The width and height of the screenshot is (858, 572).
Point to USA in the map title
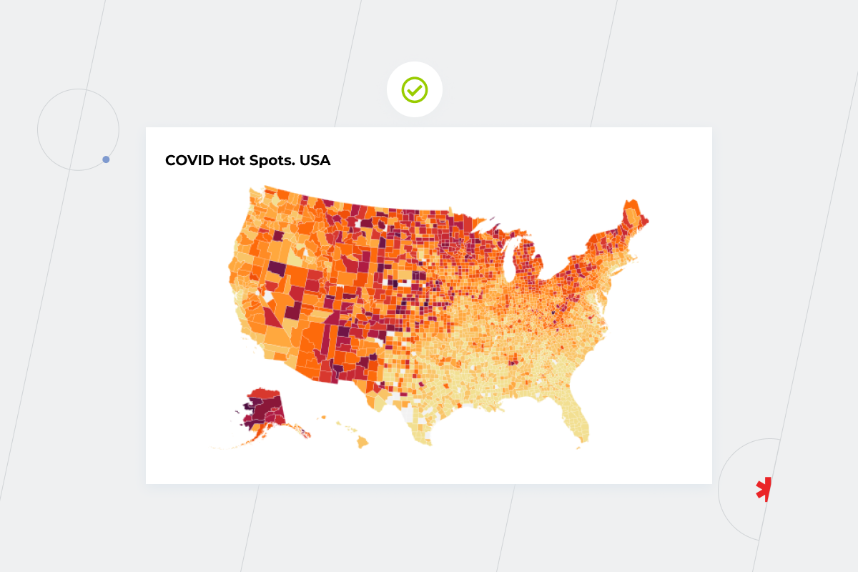pyautogui.click(x=315, y=160)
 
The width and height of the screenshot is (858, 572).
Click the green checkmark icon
pyautogui.click(x=415, y=90)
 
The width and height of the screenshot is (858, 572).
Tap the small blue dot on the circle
pyautogui.click(x=106, y=159)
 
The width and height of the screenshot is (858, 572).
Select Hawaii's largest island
pyautogui.click(x=363, y=443)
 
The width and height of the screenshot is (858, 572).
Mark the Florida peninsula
pyautogui.click(x=579, y=422)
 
